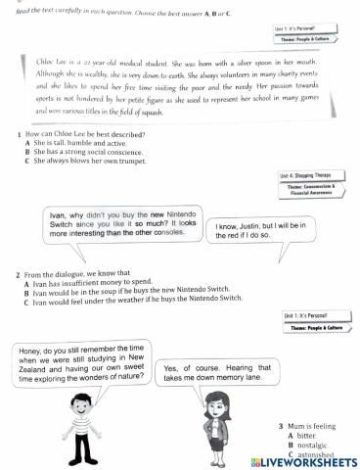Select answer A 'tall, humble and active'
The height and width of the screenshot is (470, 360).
[82, 142]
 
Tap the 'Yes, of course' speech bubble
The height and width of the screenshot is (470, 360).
[215, 372]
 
